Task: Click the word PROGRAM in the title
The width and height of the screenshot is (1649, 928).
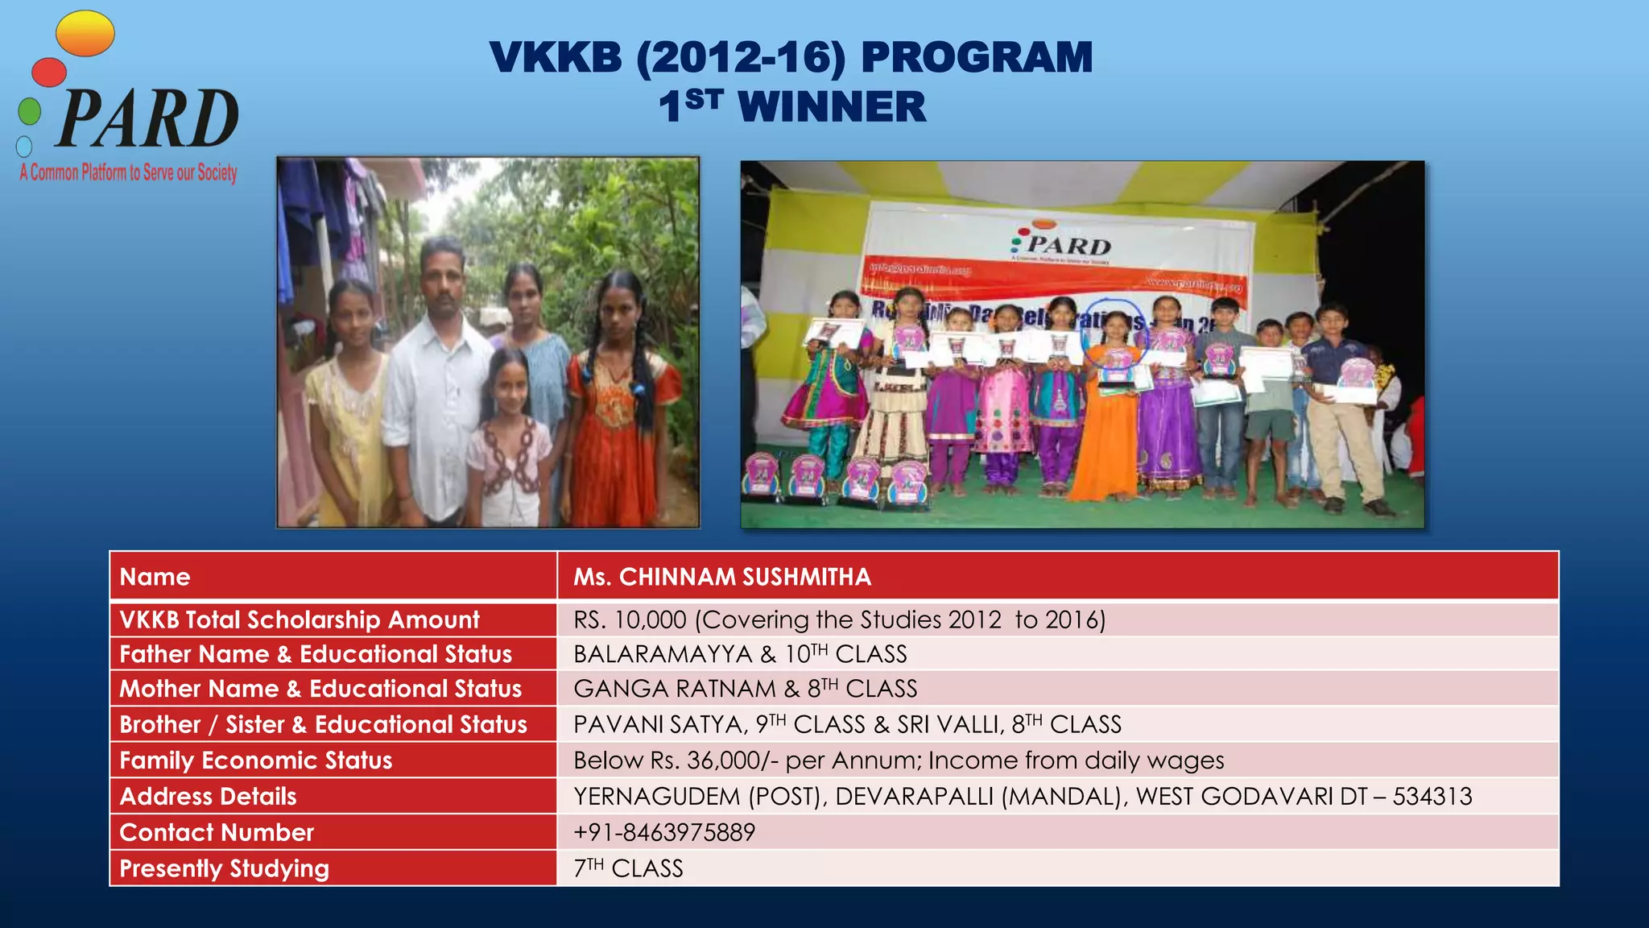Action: pos(977,58)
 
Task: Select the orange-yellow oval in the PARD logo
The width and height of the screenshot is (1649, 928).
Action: pos(85,34)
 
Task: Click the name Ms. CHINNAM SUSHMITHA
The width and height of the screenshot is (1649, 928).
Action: pos(722,577)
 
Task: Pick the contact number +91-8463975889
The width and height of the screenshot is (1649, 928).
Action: pos(664,832)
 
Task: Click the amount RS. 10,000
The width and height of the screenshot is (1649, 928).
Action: pos(630,619)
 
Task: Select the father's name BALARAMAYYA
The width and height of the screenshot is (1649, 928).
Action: pos(663,654)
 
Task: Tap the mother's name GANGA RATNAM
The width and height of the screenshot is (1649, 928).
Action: pos(675,689)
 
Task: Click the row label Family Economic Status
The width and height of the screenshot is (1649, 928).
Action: pos(256,760)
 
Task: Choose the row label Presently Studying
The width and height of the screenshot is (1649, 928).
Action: pos(225,868)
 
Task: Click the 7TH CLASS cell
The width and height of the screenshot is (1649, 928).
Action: pos(628,868)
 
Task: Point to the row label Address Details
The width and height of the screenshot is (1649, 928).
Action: pos(209,797)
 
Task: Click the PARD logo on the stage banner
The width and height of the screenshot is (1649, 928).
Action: pos(1063,244)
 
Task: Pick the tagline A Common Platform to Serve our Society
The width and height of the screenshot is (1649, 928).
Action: pos(129,172)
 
